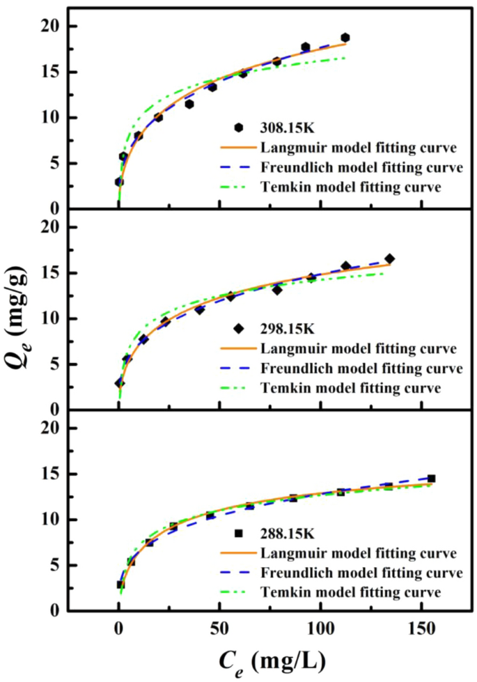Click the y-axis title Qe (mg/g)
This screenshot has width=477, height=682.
coord(22,311)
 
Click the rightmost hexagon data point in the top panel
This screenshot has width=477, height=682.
coord(345,38)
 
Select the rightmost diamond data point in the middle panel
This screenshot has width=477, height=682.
coord(389,258)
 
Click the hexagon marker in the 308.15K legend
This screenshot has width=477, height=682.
coord(239,127)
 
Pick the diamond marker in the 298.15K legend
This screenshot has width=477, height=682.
coord(239,329)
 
